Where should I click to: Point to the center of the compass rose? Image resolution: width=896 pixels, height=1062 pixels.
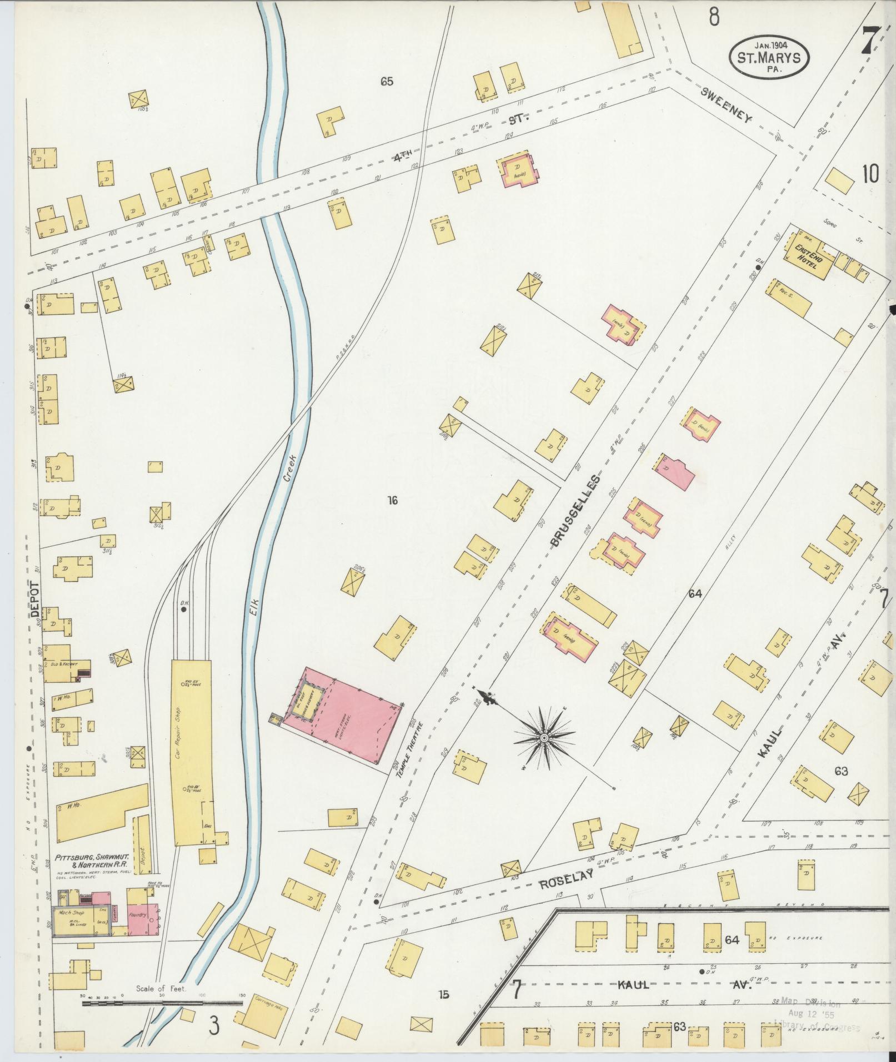click(x=544, y=737)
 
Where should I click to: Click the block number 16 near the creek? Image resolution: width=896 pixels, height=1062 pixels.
click(x=392, y=501)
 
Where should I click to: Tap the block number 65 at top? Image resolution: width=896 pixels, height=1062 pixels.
click(x=387, y=82)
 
